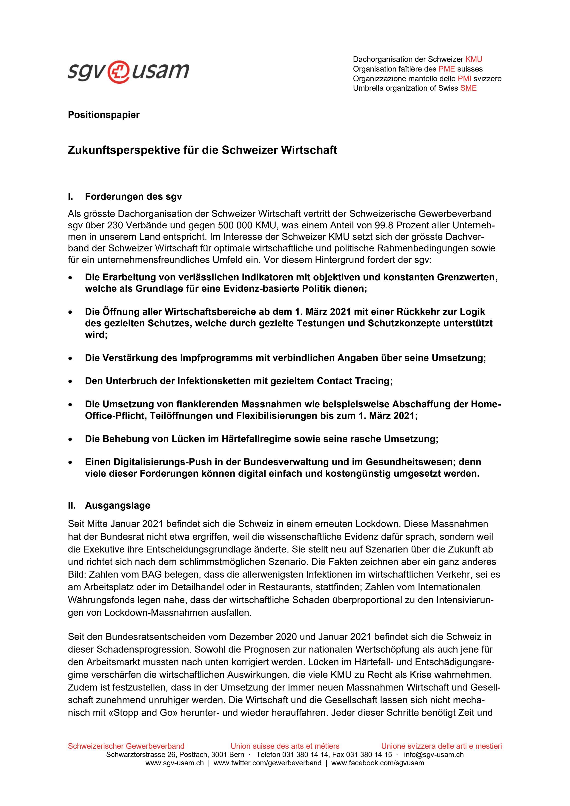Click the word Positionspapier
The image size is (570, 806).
pyautogui.click(x=103, y=115)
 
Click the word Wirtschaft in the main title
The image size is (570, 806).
pyautogui.click(x=309, y=150)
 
